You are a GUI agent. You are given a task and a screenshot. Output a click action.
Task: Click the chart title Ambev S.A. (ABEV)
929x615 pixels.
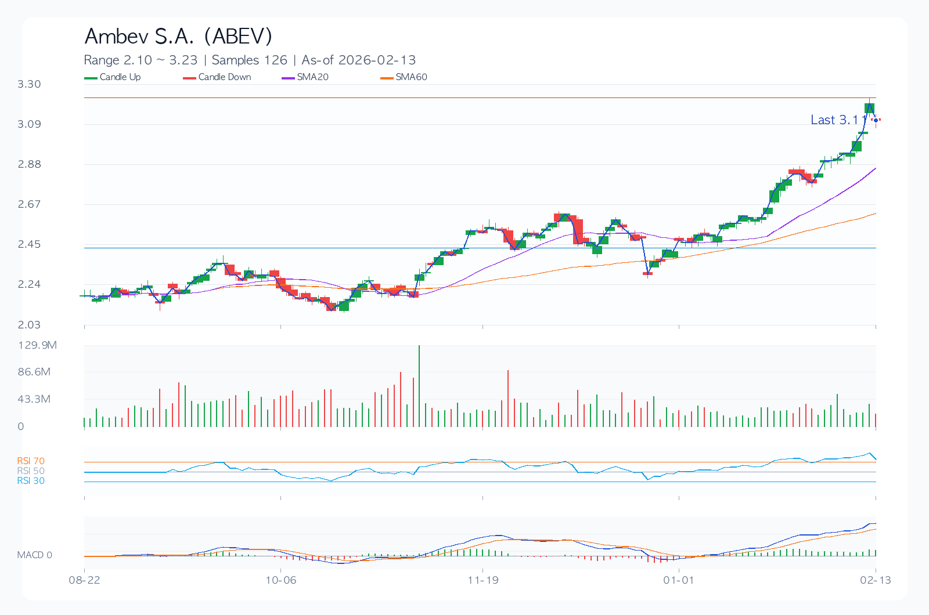tap(178, 36)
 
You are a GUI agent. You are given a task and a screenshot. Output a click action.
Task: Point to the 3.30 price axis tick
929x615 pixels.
tap(29, 84)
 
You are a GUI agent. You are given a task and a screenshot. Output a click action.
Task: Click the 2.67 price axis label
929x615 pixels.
tap(29, 204)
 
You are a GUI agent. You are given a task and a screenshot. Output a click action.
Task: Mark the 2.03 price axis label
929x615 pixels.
tap(29, 325)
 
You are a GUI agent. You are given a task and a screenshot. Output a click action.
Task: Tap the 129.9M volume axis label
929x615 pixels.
tap(38, 345)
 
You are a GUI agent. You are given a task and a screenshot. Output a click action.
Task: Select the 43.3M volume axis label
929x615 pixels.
tap(34, 399)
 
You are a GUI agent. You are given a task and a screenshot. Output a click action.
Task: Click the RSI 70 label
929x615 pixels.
tap(31, 461)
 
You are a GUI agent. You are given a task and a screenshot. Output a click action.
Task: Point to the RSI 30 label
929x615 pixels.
tap(31, 481)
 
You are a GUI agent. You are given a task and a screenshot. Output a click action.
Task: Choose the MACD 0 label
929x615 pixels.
tap(34, 555)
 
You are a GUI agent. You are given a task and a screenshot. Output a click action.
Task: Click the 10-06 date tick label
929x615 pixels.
tap(281, 580)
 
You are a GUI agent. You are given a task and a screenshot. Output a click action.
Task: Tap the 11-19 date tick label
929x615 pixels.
tap(483, 580)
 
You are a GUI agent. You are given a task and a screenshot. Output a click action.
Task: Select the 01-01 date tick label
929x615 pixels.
tap(679, 580)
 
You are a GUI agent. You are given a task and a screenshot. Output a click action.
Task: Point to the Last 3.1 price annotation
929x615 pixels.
tap(834, 120)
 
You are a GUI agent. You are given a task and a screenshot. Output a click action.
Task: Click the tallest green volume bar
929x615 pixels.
tap(419, 386)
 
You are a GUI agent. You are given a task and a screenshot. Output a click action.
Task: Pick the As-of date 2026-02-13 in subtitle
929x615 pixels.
tap(359, 60)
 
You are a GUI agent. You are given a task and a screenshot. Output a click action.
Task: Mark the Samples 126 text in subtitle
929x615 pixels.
tap(250, 60)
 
